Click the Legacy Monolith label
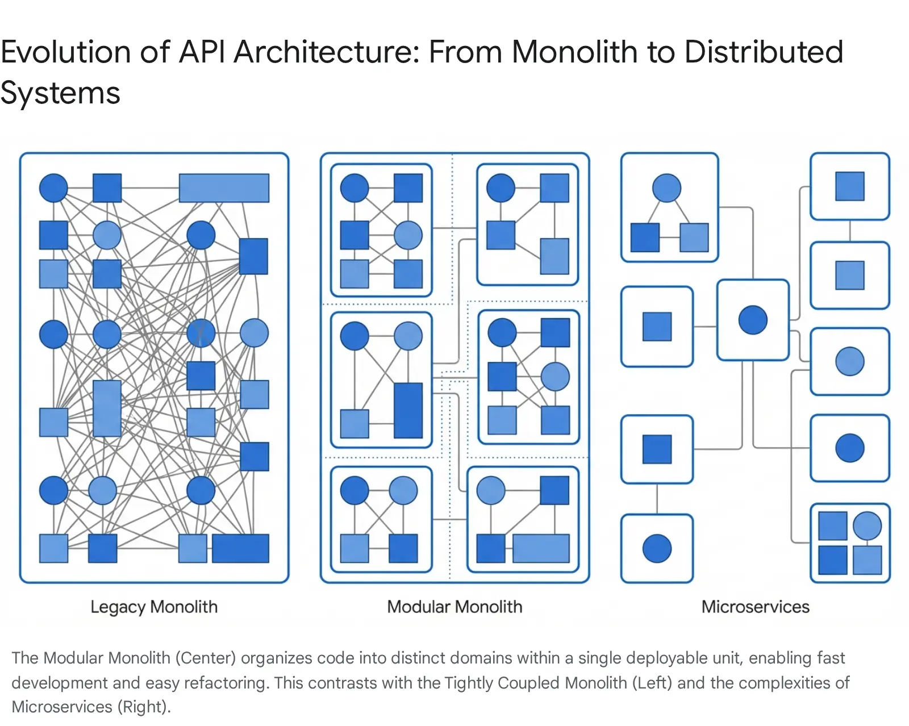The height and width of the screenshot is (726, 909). pyautogui.click(x=154, y=607)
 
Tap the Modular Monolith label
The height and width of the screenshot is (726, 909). pyautogui.click(x=454, y=607)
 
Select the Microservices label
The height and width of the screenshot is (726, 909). pyautogui.click(x=755, y=607)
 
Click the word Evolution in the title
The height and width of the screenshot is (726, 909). pyautogui.click(x=65, y=52)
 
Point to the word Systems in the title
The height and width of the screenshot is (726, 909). pyautogui.click(x=60, y=93)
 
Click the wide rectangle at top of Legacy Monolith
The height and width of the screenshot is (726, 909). pyautogui.click(x=224, y=188)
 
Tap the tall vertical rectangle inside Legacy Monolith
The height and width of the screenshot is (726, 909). pyautogui.click(x=107, y=408)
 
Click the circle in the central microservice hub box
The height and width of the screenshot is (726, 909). pyautogui.click(x=753, y=320)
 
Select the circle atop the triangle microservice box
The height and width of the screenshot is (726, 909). pyautogui.click(x=666, y=188)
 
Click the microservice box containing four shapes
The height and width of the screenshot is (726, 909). pyautogui.click(x=850, y=543)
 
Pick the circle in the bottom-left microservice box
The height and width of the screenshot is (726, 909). pyautogui.click(x=657, y=549)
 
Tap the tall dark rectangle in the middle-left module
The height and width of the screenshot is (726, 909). pyautogui.click(x=408, y=410)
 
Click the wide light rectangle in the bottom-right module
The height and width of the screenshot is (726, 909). pyautogui.click(x=541, y=548)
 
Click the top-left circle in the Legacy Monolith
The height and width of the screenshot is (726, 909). pyautogui.click(x=53, y=188)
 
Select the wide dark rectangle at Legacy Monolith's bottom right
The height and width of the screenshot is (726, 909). pyautogui.click(x=240, y=548)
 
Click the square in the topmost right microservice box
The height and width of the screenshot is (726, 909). pyautogui.click(x=849, y=186)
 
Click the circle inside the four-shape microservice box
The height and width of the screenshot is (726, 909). pyautogui.click(x=867, y=525)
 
